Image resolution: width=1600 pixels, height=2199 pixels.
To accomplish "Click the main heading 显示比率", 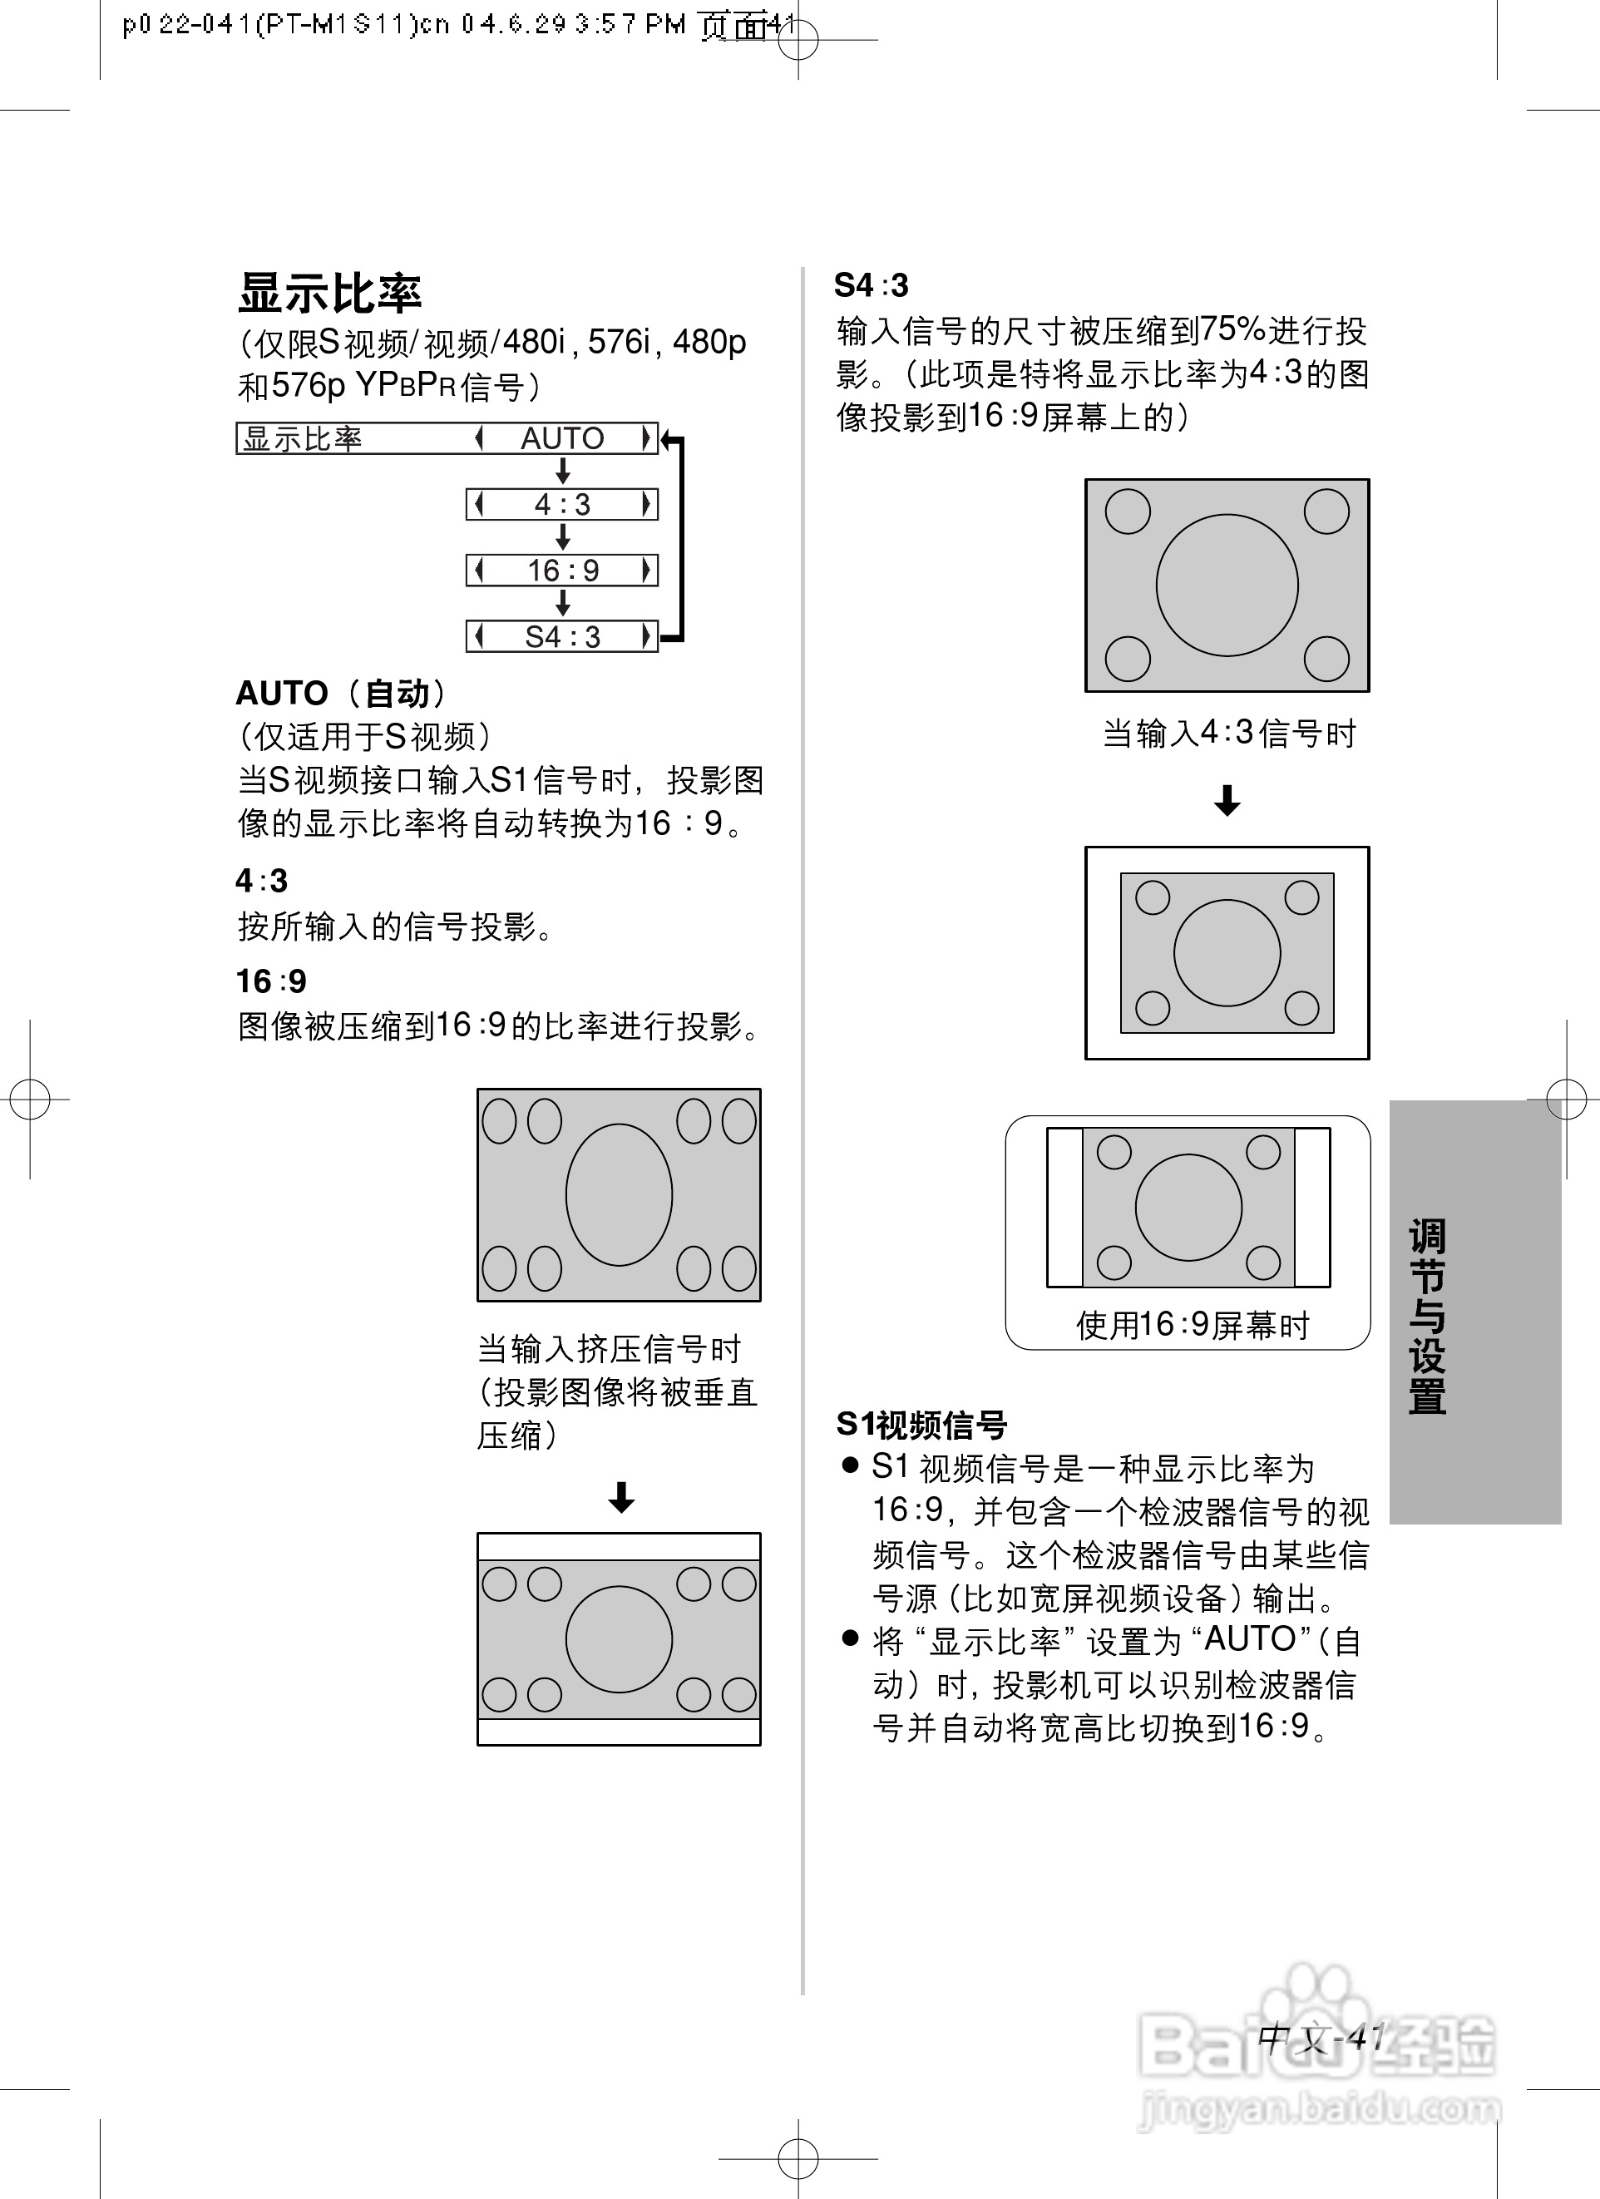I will [x=329, y=293].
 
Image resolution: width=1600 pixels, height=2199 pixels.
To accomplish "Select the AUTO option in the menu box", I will [x=562, y=438].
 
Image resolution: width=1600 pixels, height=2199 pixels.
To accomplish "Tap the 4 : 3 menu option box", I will [x=562, y=504].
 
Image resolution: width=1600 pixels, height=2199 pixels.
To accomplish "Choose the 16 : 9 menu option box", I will [x=562, y=570].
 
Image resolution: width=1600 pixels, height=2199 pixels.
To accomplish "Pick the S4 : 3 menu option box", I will [x=562, y=637].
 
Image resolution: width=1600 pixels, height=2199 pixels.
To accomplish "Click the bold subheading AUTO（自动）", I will [x=341, y=694].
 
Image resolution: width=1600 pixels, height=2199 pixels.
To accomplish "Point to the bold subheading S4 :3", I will [x=871, y=285].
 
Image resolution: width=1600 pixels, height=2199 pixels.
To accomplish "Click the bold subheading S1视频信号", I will [x=921, y=1425].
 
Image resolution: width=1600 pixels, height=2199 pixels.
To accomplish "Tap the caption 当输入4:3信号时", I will [x=1228, y=733].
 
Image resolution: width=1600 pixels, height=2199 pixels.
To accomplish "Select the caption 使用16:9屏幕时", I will [x=1192, y=1324].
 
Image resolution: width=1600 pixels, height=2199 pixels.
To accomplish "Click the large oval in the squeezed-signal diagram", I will [x=619, y=1194].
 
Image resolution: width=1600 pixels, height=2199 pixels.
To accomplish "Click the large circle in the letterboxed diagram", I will [x=619, y=1638].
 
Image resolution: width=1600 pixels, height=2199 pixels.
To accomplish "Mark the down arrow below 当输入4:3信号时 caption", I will [x=1227, y=800].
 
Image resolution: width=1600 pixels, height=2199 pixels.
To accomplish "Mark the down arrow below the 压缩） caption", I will [x=620, y=1497].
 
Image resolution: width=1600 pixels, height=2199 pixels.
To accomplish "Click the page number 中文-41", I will [x=1321, y=2037].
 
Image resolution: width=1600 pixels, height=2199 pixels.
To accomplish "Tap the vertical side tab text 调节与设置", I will [x=1426, y=1316].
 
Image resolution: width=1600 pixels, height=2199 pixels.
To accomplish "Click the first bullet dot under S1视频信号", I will [x=851, y=1465].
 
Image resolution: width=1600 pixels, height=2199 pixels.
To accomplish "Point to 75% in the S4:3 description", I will [x=1232, y=331].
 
